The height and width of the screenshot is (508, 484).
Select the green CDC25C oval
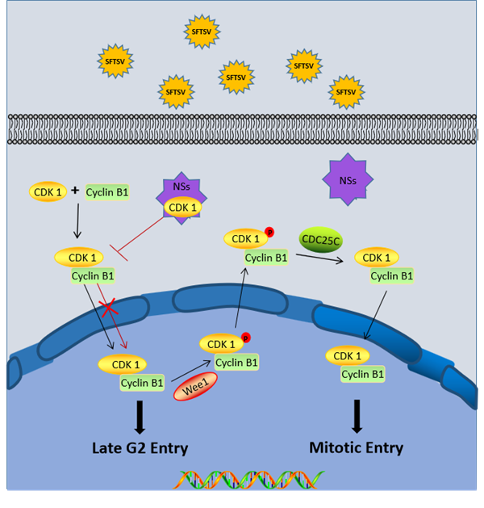tap(321, 241)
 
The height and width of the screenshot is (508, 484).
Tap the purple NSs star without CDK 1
tap(347, 180)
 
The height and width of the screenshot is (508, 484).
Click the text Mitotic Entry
tap(356, 447)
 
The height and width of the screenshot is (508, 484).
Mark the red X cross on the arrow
tap(109, 307)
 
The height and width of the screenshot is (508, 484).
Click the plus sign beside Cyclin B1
tap(75, 191)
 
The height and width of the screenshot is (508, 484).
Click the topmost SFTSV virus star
tap(198, 31)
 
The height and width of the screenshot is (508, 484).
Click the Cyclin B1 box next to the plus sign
tap(107, 193)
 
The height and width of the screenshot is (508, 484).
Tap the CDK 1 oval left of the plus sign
tap(49, 192)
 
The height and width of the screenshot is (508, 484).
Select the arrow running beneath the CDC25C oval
tap(321, 258)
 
